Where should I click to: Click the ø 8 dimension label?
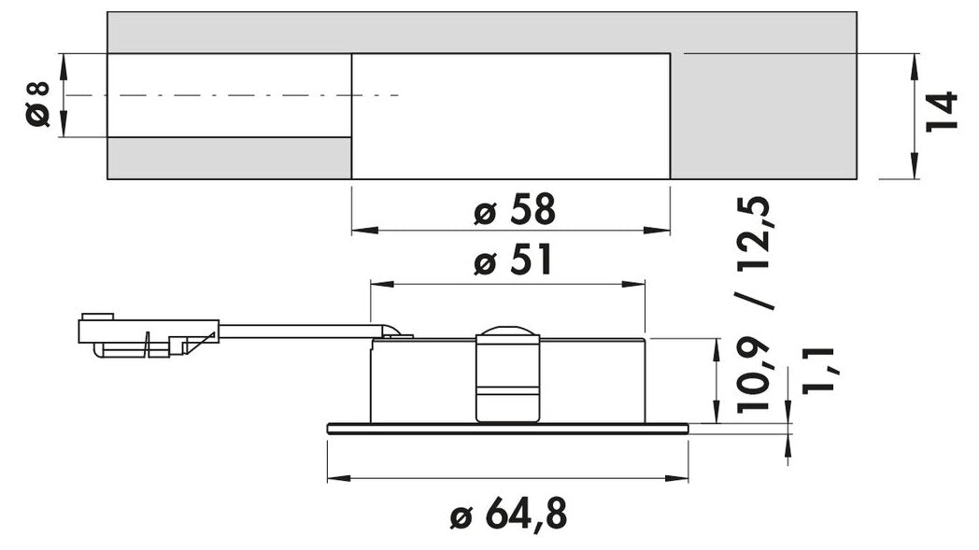38,103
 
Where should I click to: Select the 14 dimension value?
942,111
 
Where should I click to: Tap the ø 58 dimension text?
514,210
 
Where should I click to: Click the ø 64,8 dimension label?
508,515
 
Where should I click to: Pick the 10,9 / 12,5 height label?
754,304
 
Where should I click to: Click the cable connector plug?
149,335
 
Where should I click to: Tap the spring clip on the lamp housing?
507,374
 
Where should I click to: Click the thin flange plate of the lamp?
507,428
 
